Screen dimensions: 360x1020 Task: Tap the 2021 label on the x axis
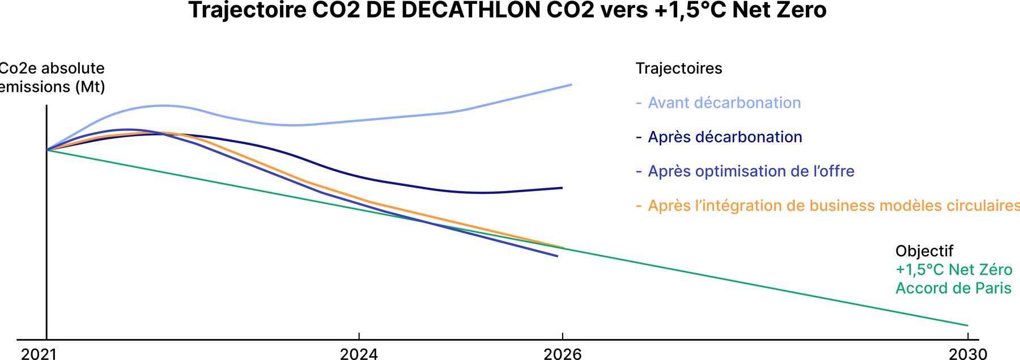coord(39,354)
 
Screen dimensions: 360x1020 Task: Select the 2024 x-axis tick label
coord(359,354)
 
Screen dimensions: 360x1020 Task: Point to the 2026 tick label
coord(562,354)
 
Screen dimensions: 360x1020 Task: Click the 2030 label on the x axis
coord(968,354)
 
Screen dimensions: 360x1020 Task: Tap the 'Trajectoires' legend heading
coord(679,69)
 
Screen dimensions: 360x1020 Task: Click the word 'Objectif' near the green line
coord(924,251)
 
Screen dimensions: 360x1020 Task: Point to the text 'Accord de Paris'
coord(953,288)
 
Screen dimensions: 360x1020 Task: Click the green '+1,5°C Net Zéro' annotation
coord(954,269)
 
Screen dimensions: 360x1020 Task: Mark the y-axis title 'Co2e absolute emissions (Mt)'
coord(52,78)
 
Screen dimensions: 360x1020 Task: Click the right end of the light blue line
coord(571,84)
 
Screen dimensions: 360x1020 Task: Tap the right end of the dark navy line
coord(562,188)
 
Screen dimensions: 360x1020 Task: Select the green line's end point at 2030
coord(967,325)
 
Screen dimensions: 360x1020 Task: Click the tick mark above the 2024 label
coord(359,336)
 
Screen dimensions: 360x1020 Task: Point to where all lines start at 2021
coord(46,150)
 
